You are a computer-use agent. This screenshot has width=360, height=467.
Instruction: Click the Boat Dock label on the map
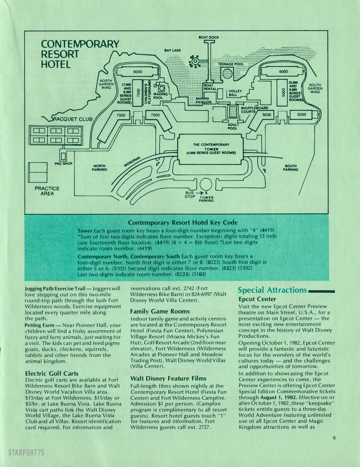tap(209, 37)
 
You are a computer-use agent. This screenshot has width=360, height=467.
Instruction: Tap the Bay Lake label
tap(173, 50)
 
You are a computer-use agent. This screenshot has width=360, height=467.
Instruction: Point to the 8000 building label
tap(138, 72)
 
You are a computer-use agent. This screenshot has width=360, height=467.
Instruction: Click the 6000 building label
tap(283, 72)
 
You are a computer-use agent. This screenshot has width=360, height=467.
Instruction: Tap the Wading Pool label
tap(160, 96)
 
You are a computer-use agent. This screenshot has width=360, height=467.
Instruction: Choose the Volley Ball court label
tap(235, 93)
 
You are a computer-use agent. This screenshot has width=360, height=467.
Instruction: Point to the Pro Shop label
tap(63, 163)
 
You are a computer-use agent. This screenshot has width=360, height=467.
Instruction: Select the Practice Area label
tap(47, 191)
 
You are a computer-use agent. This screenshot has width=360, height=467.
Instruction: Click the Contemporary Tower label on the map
tap(211, 149)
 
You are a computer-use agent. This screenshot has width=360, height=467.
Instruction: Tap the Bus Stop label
tap(190, 195)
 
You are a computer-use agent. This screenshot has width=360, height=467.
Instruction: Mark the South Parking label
tap(291, 168)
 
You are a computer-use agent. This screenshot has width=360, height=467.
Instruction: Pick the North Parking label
tap(99, 168)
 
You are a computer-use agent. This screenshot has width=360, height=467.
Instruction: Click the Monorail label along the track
tap(133, 161)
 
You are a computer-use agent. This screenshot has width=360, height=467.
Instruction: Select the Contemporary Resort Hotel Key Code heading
tap(183, 223)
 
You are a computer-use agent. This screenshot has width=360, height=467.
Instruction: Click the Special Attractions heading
tap(272, 290)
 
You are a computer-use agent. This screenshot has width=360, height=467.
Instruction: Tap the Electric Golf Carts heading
tap(52, 373)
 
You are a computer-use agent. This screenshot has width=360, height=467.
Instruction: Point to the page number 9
tap(334, 438)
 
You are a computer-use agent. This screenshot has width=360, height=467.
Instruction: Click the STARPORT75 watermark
tap(26, 452)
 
